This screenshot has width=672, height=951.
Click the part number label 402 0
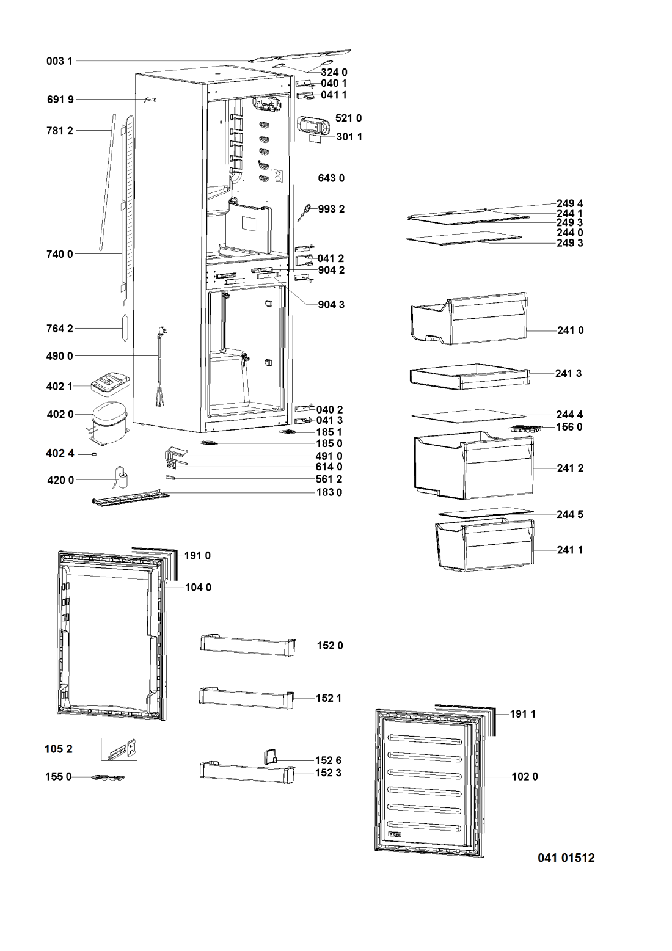60,414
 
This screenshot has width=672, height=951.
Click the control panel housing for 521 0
313,125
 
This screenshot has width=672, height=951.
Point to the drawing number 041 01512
566,858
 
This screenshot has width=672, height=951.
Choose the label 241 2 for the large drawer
570,468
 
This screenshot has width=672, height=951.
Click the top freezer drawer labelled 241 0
468,318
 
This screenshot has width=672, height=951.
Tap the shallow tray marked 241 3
468,377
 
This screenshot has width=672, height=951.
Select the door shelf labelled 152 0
247,644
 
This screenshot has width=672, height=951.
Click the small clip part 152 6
269,757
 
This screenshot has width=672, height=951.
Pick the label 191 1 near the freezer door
523,713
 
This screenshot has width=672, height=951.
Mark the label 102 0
525,777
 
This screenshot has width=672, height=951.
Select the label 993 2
331,209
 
